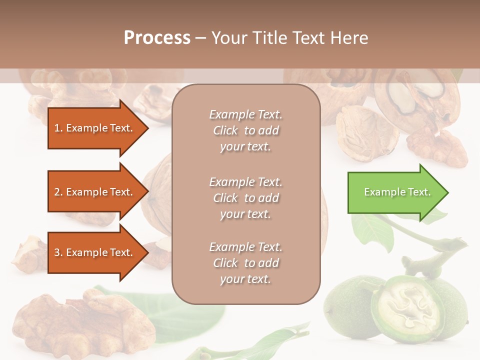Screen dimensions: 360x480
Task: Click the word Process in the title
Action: (157, 38)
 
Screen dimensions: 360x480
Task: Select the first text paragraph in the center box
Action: (245, 130)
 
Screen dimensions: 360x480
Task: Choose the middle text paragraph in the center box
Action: (245, 197)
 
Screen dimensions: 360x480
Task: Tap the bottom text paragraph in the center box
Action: (245, 262)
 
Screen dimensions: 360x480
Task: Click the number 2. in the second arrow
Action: (58, 192)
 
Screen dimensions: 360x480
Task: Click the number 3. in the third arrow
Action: (58, 252)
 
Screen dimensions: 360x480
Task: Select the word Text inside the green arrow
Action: (420, 192)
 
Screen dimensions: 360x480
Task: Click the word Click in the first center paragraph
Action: (225, 130)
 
